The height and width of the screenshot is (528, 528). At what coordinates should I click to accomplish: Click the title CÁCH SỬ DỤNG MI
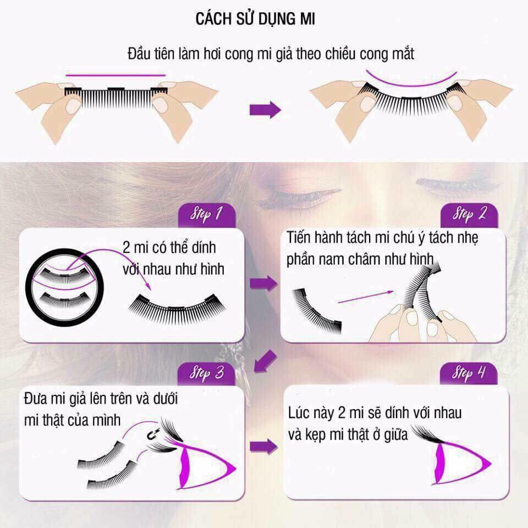point(255,19)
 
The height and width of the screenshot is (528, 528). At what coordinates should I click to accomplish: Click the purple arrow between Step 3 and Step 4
point(263,446)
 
